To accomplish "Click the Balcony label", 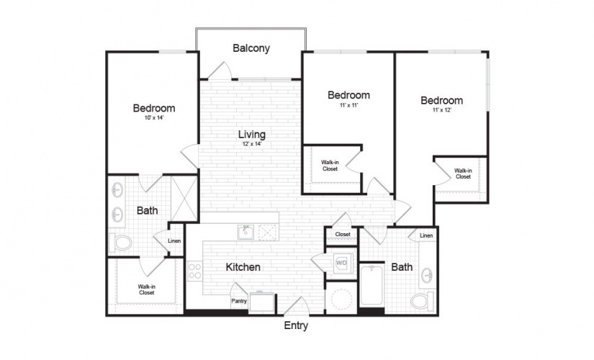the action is point(251,48).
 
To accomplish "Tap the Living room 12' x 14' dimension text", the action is point(252,144).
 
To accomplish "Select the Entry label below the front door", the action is point(296,325).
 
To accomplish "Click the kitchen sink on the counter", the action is point(246,232).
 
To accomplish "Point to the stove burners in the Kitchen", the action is point(194,271).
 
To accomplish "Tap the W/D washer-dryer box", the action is point(342,263).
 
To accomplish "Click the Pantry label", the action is point(239,301).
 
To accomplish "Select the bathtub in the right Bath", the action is point(372,285).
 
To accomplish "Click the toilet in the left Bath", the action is point(120,243).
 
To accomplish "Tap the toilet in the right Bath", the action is point(423,301).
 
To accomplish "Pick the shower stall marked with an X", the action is point(184,198).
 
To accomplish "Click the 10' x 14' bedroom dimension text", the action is point(154,118).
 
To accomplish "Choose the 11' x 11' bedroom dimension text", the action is point(348,105).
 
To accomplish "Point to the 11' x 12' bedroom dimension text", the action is point(442,110).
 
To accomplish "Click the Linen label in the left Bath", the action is point(174,241).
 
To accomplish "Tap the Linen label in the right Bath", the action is point(426,235).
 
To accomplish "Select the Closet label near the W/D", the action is point(343,235).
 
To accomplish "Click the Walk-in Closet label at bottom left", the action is point(147,289).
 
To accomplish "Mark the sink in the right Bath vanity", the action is point(427,274).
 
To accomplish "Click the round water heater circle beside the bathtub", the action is point(341,298).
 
